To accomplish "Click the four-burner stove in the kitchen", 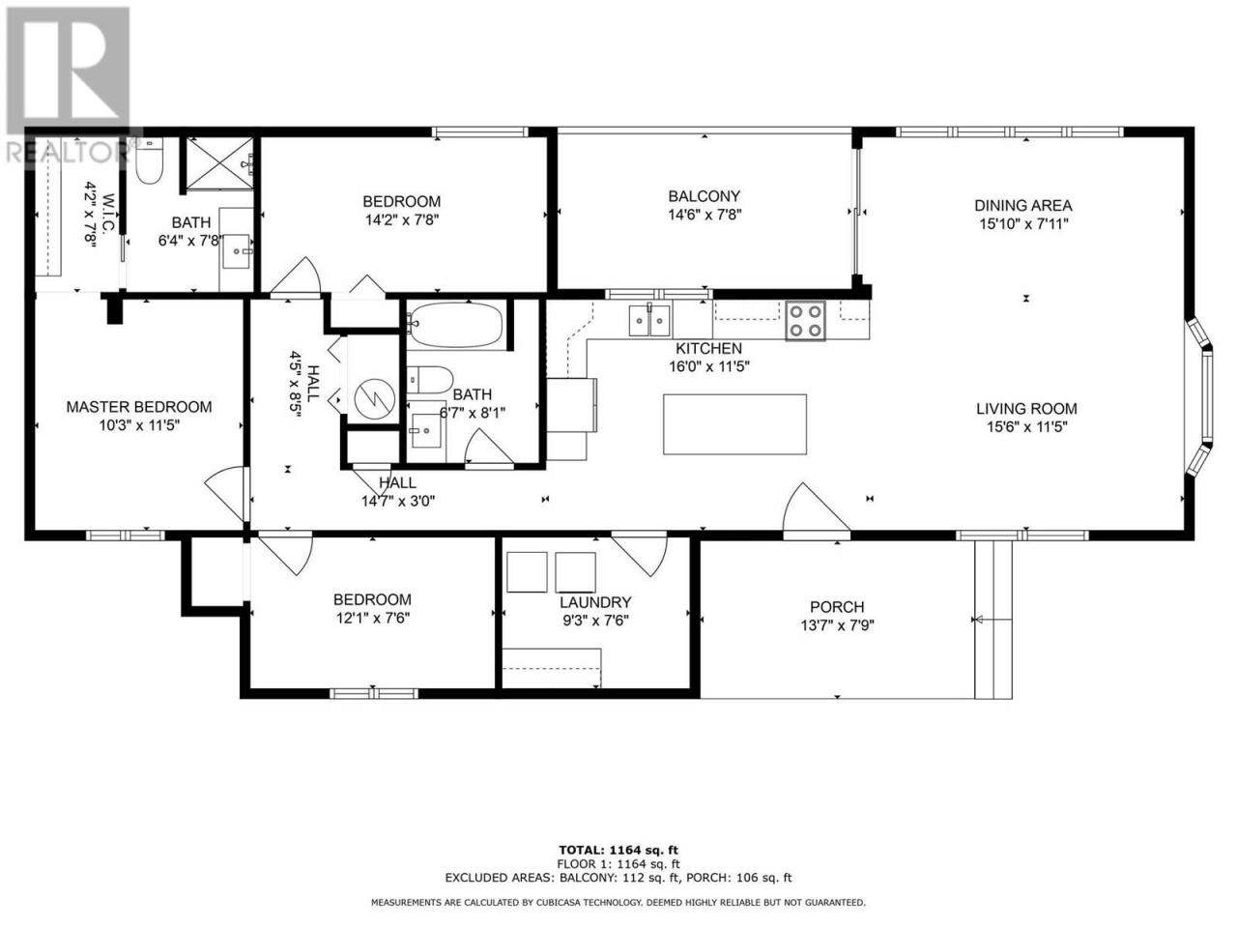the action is (x=806, y=321).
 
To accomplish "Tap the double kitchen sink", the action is (x=649, y=320).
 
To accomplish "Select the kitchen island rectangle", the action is (x=734, y=424).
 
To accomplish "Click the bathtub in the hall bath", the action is (x=454, y=325).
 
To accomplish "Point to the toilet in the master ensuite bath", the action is (x=150, y=161).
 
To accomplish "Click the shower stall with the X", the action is (x=219, y=162).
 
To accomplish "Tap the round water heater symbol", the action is (x=375, y=398).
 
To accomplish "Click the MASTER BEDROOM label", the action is (x=139, y=407).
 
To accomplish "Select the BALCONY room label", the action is (x=704, y=196).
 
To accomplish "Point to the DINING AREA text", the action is (x=1023, y=206).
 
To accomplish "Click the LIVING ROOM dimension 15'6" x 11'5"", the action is (x=1027, y=426).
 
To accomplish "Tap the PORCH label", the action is (x=837, y=607).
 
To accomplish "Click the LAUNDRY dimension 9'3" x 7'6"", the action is (x=595, y=621).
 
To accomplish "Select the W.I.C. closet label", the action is (x=109, y=213).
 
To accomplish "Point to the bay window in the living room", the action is (x=1200, y=398).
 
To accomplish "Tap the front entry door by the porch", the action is (x=816, y=508).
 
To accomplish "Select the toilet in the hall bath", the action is (x=429, y=379).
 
